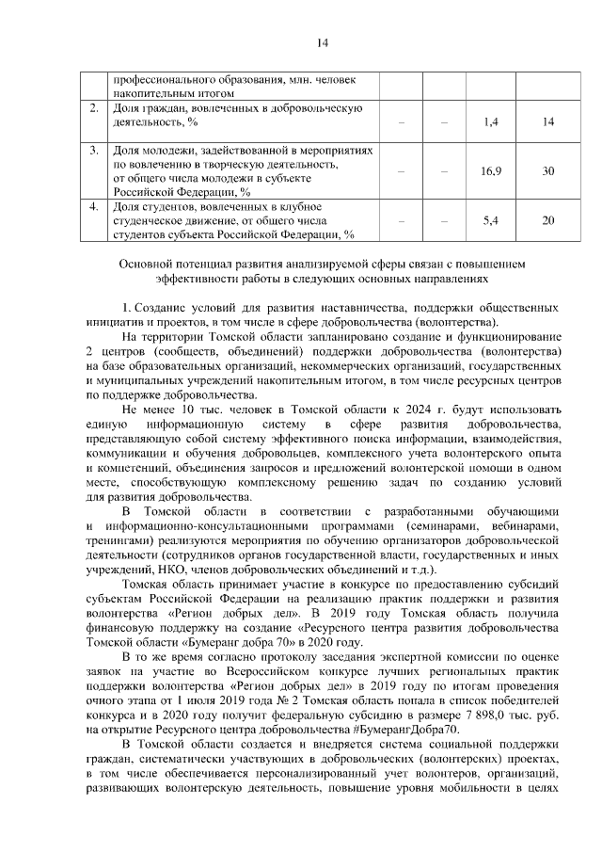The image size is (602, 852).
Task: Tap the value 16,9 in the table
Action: pyautogui.click(x=490, y=171)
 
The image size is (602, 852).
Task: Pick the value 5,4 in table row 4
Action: pyautogui.click(x=489, y=220)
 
